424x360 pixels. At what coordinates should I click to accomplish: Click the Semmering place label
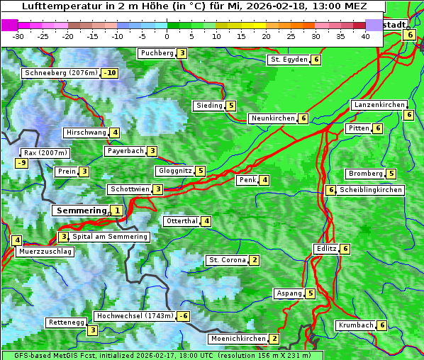click(x=81, y=210)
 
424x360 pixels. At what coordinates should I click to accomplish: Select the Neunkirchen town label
click(x=273, y=118)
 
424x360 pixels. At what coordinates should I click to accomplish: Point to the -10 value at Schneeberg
click(x=109, y=73)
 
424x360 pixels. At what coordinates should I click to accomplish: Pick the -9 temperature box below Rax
click(x=21, y=163)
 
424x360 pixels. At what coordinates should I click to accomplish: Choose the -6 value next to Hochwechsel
click(x=184, y=316)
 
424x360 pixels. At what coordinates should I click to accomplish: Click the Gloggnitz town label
click(x=174, y=171)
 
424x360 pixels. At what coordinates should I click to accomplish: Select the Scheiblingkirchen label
click(x=370, y=190)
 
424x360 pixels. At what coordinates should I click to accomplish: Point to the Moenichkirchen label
click(x=238, y=339)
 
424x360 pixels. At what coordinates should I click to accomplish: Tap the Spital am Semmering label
click(x=110, y=237)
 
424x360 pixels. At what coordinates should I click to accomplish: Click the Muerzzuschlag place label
click(x=45, y=252)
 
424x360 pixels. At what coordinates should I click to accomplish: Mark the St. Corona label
click(x=227, y=260)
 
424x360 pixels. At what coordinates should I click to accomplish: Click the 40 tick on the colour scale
click(x=365, y=35)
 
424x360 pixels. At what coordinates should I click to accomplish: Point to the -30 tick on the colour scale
click(x=18, y=35)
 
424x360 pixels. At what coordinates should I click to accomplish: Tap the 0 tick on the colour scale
click(x=167, y=35)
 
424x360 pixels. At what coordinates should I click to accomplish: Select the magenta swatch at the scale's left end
click(x=10, y=25)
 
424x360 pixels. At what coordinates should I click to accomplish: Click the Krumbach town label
click(x=356, y=325)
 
